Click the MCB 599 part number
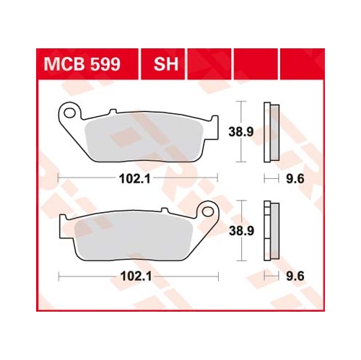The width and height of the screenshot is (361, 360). pyautogui.click(x=82, y=64)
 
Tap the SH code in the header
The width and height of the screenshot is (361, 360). pyautogui.click(x=166, y=64)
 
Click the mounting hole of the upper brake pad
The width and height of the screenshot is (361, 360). pyautogui.click(x=70, y=113)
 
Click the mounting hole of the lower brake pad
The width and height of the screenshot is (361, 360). pyautogui.click(x=208, y=211)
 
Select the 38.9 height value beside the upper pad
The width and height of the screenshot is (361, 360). pyautogui.click(x=241, y=132)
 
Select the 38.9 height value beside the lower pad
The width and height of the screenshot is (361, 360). pyautogui.click(x=241, y=231)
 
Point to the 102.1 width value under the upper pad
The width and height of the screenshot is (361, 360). pyautogui.click(x=135, y=179)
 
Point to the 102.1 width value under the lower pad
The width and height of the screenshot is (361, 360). pyautogui.click(x=136, y=276)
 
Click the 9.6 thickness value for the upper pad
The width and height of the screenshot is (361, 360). pyautogui.click(x=295, y=179)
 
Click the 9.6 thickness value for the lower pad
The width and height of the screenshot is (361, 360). pyautogui.click(x=295, y=276)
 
